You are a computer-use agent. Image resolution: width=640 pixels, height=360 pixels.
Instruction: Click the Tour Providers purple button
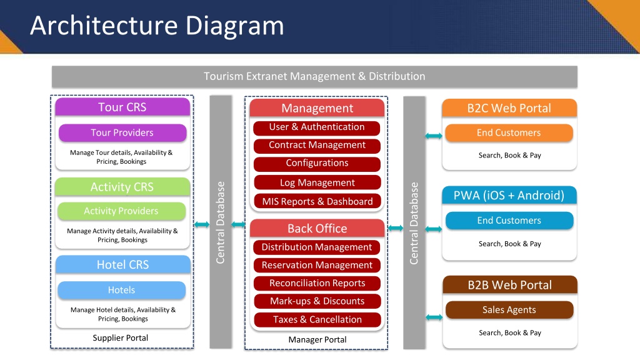point(122,132)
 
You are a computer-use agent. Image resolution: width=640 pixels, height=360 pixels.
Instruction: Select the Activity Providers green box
point(122,211)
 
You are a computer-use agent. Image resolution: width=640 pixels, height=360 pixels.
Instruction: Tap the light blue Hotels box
point(122,290)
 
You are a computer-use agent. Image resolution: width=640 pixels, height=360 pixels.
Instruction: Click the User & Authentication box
point(317,127)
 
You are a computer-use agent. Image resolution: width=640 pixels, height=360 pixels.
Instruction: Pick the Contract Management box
point(317,145)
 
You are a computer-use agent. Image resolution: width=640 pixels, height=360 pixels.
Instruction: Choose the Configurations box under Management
point(317,163)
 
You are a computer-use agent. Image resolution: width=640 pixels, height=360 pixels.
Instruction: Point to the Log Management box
point(317,182)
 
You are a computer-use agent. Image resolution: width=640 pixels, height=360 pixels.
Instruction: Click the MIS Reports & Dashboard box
point(317,201)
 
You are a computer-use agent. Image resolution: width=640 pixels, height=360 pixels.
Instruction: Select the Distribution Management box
point(317,247)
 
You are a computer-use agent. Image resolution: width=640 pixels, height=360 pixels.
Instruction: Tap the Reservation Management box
point(317,265)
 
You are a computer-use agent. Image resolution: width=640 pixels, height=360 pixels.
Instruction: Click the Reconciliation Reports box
point(317,283)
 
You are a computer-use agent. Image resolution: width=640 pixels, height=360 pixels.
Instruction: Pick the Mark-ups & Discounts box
point(317,301)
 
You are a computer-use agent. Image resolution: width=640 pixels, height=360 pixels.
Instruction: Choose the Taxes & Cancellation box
point(317,319)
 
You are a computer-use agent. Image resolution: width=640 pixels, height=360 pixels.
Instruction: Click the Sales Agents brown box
point(509,310)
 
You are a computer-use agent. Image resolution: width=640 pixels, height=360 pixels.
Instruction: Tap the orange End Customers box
point(509,133)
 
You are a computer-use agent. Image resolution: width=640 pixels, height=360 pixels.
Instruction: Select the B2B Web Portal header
point(510,285)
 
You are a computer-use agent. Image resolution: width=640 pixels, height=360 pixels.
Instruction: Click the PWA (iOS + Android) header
point(509,195)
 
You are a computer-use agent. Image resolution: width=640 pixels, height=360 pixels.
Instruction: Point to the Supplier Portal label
point(121,338)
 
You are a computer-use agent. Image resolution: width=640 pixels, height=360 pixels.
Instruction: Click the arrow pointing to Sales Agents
point(434,317)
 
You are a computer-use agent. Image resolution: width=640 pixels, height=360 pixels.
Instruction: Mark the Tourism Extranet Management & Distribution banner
point(314,76)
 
